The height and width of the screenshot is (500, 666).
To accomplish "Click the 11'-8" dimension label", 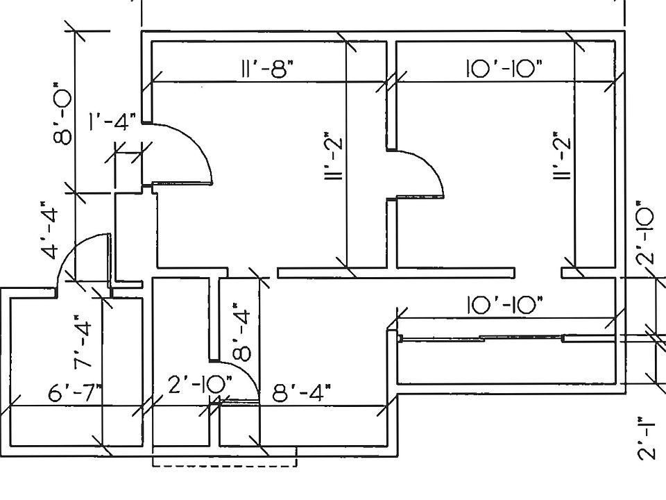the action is (268, 69).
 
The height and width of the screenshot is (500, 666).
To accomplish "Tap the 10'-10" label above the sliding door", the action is (505, 304).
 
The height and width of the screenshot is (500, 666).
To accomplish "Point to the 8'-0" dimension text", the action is (62, 113).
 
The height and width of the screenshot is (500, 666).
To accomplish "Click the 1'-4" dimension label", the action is (112, 122).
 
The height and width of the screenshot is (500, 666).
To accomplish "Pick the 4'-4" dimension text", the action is (50, 230).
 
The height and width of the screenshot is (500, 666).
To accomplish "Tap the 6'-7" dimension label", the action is (75, 392).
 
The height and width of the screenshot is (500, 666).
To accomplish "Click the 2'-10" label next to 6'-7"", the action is (200, 384).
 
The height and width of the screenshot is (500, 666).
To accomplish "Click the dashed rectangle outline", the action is (224, 467).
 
